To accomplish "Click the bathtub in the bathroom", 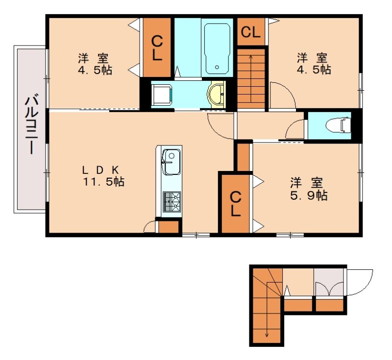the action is pyautogui.click(x=217, y=48).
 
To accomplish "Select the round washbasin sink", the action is pyautogui.click(x=217, y=95).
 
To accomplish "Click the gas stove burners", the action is pyautogui.click(x=172, y=201).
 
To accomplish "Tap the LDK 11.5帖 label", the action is pyautogui.click(x=103, y=176).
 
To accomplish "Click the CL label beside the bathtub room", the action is pyautogui.click(x=157, y=48).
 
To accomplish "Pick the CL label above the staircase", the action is pyautogui.click(x=250, y=32).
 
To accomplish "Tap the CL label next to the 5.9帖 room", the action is pyautogui.click(x=235, y=204).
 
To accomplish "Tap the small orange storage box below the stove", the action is pyautogui.click(x=169, y=227).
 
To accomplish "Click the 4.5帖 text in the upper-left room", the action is pyautogui.click(x=95, y=70).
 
